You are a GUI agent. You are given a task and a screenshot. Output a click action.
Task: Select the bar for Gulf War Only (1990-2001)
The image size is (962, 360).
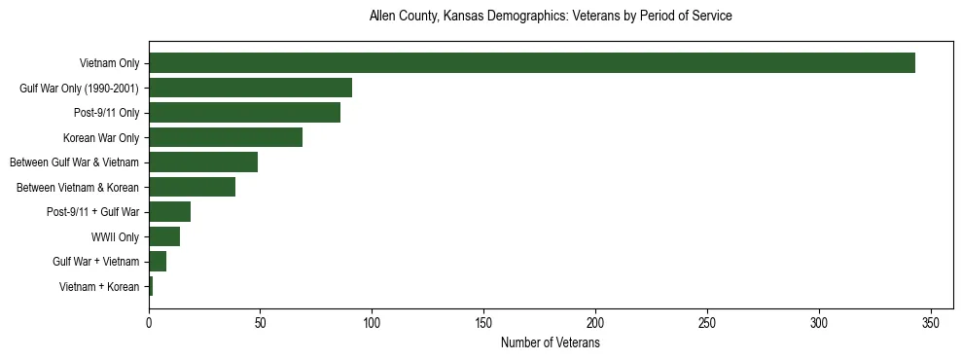(x=250, y=88)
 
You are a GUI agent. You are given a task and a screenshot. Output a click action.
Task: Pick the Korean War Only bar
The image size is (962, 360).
(x=226, y=137)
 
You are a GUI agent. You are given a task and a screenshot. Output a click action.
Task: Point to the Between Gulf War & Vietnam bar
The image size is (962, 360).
(x=203, y=162)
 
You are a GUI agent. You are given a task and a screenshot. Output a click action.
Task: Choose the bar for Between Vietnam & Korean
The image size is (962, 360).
(x=192, y=187)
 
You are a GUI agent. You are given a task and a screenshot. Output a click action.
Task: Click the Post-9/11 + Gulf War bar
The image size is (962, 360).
(x=169, y=211)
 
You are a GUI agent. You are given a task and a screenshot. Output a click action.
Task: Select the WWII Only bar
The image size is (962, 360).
(x=164, y=236)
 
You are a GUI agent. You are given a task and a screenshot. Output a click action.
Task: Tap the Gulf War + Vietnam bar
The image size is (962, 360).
(x=158, y=261)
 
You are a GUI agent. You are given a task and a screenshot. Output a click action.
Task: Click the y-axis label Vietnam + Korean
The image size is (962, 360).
(x=99, y=286)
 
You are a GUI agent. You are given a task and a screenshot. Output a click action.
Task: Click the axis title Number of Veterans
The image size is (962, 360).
(x=550, y=343)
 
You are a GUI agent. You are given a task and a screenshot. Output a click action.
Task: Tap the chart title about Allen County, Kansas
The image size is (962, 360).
(x=550, y=17)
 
